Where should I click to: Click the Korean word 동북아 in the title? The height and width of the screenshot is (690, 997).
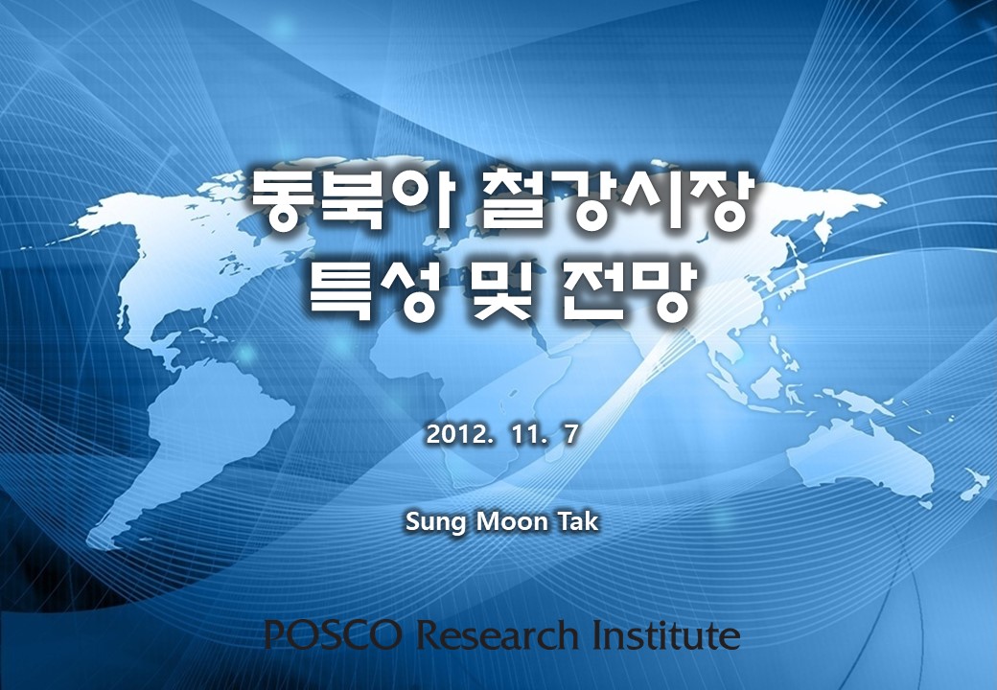(x=352, y=200)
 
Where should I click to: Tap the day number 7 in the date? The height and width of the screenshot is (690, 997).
(x=570, y=434)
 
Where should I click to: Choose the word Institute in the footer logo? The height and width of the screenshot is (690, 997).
(x=665, y=633)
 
